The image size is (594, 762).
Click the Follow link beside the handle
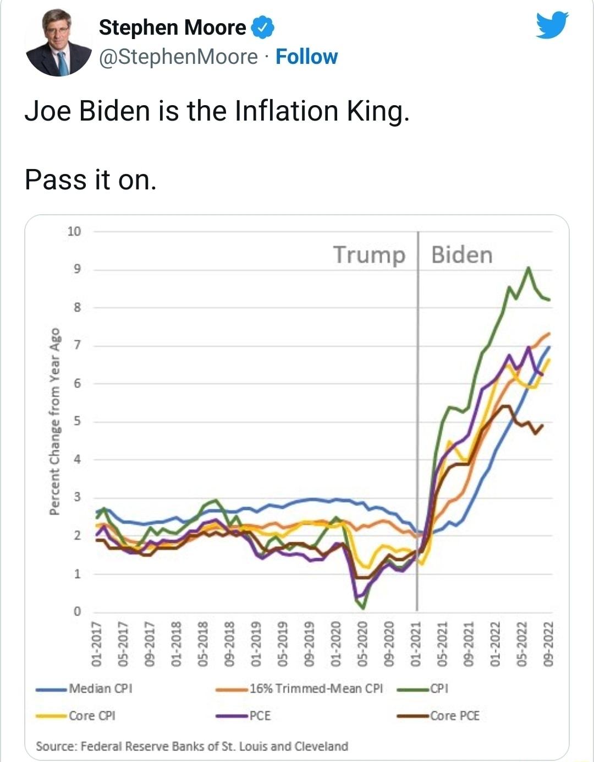tap(306, 57)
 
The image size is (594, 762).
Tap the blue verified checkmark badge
tap(262, 28)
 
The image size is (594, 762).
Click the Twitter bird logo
tap(552, 25)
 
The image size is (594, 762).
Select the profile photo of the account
tap(58, 42)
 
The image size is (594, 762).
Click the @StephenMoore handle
tap(178, 57)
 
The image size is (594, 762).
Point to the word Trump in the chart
tap(369, 255)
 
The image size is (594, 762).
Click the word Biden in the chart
tap(461, 255)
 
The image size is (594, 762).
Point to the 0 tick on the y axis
tap(77, 612)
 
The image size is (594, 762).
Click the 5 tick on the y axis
tap(77, 422)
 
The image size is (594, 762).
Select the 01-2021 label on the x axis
tap(416, 644)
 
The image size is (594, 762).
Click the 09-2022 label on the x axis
tap(548, 644)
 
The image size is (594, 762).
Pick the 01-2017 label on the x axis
tap(96, 644)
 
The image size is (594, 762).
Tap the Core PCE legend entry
tap(454, 716)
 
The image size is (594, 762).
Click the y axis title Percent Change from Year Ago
tap(55, 421)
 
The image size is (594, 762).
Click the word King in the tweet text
tap(377, 111)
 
